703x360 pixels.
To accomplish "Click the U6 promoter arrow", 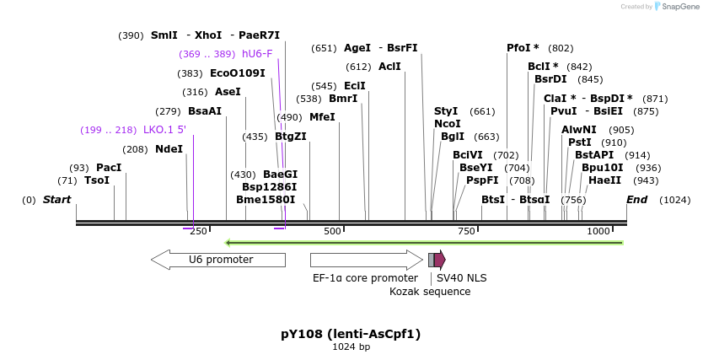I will click(x=218, y=260).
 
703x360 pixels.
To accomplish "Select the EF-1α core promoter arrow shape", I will click(x=366, y=260).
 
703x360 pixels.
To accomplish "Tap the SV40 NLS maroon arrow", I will click(x=440, y=260).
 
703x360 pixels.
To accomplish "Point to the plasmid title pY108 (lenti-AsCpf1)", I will click(x=351, y=334).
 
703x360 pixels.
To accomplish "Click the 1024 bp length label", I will click(x=351, y=347).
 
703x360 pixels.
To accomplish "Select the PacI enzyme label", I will click(x=109, y=168).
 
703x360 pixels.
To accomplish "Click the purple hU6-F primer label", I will click(x=257, y=54).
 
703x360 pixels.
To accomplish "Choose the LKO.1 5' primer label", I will click(x=164, y=130).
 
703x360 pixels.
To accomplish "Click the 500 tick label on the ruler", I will click(x=333, y=231).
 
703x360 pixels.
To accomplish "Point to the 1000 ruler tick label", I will click(x=598, y=231).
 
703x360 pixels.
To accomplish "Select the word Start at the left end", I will click(x=56, y=200).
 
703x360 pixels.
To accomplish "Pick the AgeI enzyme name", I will click(x=357, y=48).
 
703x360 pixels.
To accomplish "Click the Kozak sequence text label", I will click(x=430, y=292).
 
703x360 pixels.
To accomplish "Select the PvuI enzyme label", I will click(x=563, y=111).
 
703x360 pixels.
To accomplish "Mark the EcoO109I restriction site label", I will click(x=237, y=73).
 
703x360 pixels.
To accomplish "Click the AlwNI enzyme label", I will click(x=579, y=130).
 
